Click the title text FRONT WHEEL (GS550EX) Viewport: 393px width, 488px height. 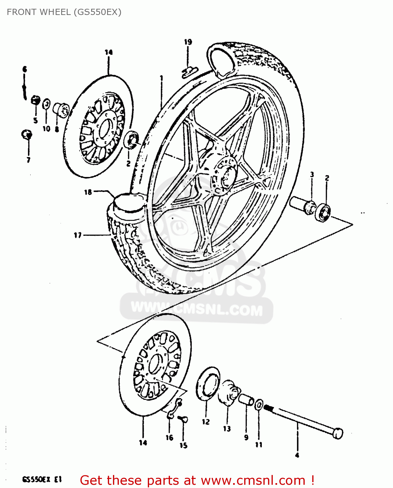[x=64, y=12]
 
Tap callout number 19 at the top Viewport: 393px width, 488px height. [x=188, y=42]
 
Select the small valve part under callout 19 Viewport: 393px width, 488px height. [x=189, y=71]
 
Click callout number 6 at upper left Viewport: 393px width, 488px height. [x=24, y=69]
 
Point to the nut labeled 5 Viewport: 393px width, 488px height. [x=35, y=101]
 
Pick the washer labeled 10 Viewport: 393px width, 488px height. [x=47, y=104]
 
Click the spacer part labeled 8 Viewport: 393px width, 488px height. [x=61, y=109]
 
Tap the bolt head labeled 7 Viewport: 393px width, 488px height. [x=26, y=134]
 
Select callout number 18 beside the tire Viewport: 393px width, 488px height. [x=88, y=192]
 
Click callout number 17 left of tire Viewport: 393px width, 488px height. [x=77, y=235]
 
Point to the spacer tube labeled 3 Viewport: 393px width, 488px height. [x=302, y=204]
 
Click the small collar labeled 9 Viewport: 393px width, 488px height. [x=246, y=399]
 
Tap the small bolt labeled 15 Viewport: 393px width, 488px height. [x=183, y=419]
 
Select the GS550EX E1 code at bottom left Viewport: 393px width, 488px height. [x=42, y=479]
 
